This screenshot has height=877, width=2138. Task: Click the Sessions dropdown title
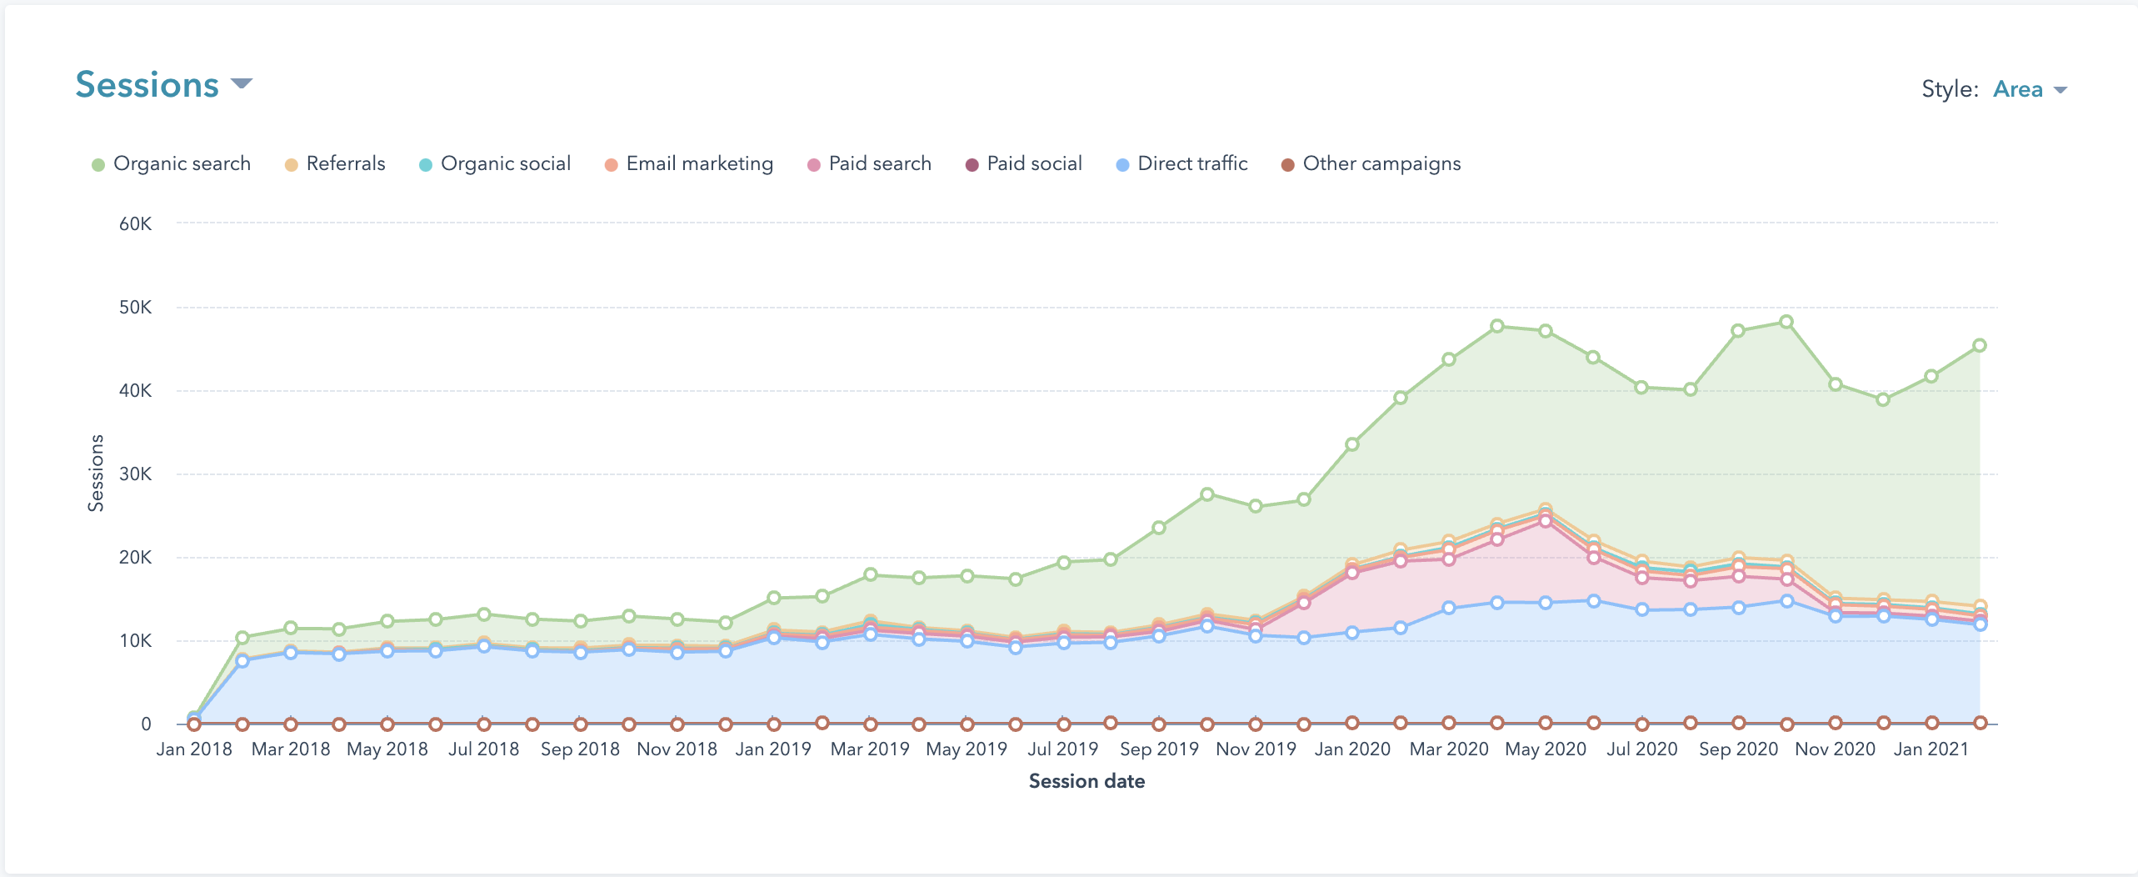163,84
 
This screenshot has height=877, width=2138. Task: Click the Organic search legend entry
172,163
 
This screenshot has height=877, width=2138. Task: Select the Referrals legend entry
336,163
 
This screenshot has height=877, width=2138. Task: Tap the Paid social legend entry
1024,163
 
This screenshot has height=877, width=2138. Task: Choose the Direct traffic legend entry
1182,163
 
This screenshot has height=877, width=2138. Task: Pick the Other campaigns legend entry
1371,163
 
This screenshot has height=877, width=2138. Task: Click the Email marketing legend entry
690,163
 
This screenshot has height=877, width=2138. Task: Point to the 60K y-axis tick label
136,223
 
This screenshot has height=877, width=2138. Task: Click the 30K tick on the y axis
136,474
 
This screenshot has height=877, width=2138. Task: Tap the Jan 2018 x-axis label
194,749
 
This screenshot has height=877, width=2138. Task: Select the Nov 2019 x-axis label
1256,749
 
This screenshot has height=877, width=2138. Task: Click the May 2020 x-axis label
1545,749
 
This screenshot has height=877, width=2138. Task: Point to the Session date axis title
1086,781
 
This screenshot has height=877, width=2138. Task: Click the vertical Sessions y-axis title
96,473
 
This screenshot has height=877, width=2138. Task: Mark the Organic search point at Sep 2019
1159,528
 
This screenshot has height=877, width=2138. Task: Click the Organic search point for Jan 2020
1352,444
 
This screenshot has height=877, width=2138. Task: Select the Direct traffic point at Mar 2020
1449,608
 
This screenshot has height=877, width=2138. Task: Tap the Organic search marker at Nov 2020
1835,384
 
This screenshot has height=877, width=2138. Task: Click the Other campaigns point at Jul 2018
484,724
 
